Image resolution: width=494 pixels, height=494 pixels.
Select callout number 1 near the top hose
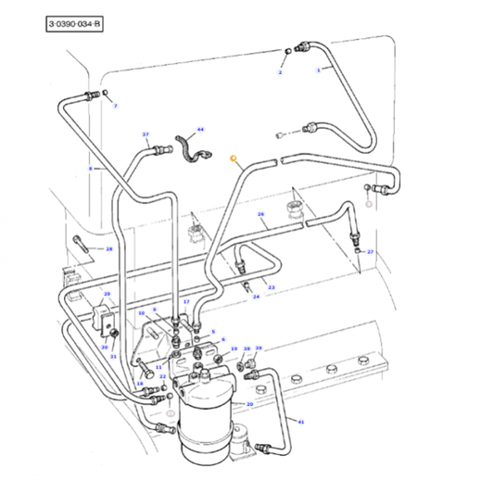(x=319, y=70)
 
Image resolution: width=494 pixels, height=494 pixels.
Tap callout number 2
(x=281, y=71)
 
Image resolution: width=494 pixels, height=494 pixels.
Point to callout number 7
(x=116, y=107)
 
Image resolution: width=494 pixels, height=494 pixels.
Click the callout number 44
(x=200, y=132)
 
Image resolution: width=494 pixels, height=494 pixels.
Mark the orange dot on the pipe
(x=234, y=159)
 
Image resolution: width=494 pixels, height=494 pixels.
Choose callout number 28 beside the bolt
(x=108, y=249)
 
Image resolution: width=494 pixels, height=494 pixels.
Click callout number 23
(x=272, y=287)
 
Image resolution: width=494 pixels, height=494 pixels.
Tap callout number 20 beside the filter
(x=249, y=405)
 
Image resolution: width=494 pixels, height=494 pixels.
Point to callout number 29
(x=107, y=294)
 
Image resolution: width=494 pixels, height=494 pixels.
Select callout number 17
(x=186, y=302)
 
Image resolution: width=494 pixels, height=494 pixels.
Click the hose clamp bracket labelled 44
(x=192, y=148)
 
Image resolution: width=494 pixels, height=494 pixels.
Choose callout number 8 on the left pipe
(x=91, y=169)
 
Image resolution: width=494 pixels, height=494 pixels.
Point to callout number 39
(x=259, y=348)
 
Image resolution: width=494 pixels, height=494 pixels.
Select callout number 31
(x=113, y=357)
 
